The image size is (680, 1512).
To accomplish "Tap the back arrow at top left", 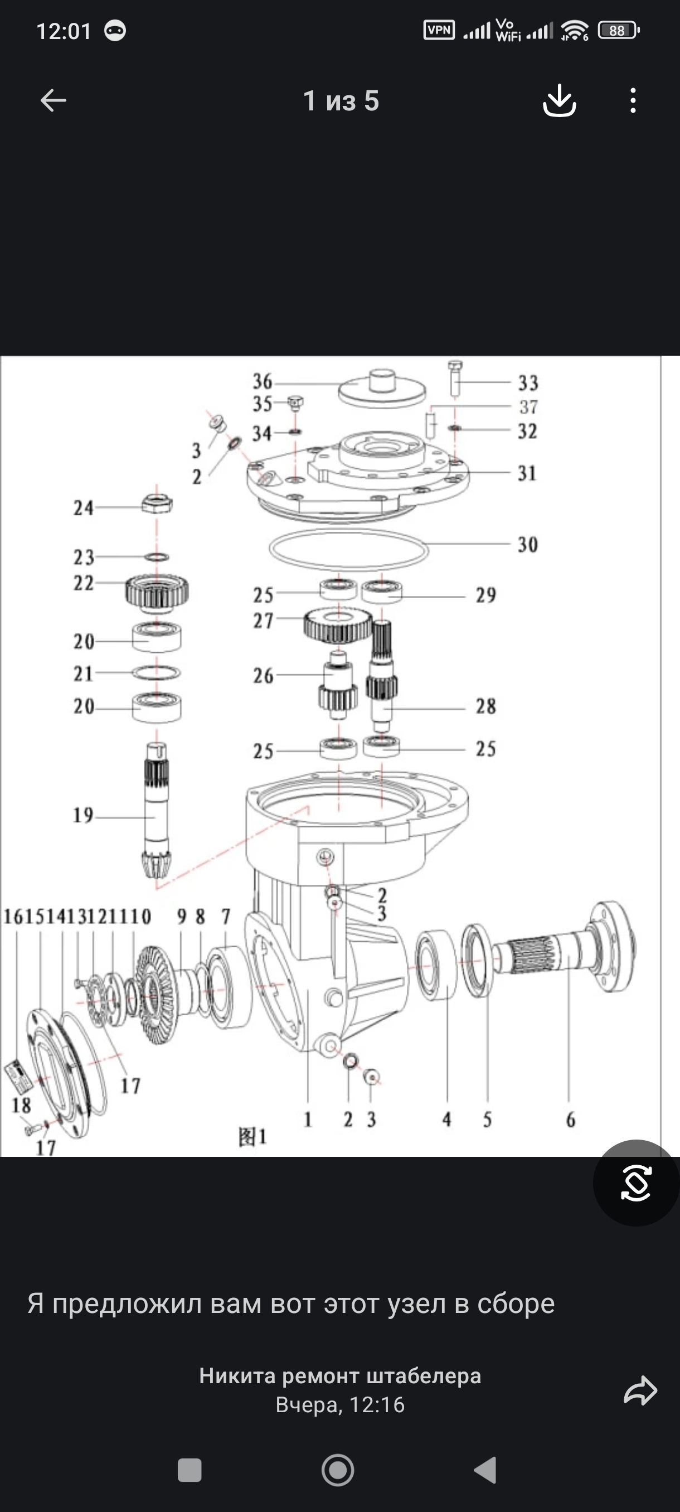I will pyautogui.click(x=53, y=100).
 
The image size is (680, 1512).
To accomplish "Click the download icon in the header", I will pyautogui.click(x=559, y=100).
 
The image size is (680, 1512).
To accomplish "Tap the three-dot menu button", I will pyautogui.click(x=633, y=100).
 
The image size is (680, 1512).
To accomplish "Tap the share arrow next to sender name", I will pyautogui.click(x=640, y=1390).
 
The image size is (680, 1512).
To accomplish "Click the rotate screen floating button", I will pyautogui.click(x=636, y=1183).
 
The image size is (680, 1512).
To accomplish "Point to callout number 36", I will pyautogui.click(x=263, y=381).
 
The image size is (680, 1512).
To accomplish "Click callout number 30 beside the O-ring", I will pyautogui.click(x=527, y=545).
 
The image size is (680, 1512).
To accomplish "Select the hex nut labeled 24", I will pyautogui.click(x=157, y=504).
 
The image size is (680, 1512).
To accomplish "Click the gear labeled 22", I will pyautogui.click(x=157, y=590).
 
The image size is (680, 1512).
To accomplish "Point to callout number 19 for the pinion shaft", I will pyautogui.click(x=82, y=815).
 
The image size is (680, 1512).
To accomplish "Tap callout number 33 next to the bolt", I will pyautogui.click(x=527, y=383).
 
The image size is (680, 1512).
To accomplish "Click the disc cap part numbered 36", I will pyautogui.click(x=382, y=389).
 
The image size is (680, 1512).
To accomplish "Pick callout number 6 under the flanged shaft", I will pyautogui.click(x=570, y=1120).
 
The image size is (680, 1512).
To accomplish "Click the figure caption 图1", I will pyautogui.click(x=252, y=1137).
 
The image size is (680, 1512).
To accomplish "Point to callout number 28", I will pyautogui.click(x=485, y=706).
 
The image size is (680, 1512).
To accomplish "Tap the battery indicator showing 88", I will pyautogui.click(x=618, y=31).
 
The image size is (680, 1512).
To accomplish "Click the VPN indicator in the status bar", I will pyautogui.click(x=439, y=30).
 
